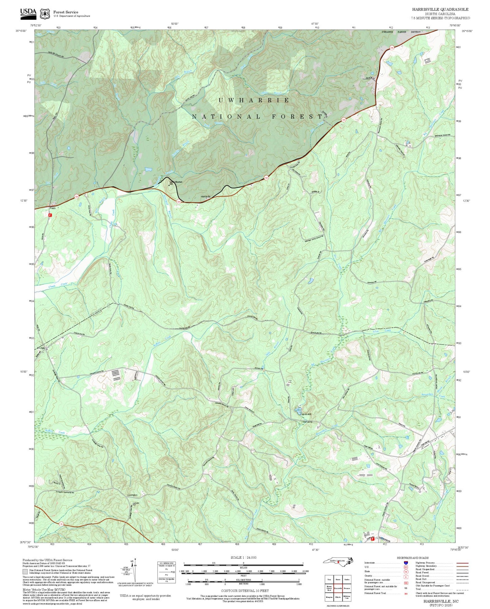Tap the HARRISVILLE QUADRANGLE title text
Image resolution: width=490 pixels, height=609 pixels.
(440, 10)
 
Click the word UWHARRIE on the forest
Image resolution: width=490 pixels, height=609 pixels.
(254, 100)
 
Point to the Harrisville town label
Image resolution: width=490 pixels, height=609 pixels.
(205, 197)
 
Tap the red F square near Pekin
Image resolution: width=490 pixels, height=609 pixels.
(50, 215)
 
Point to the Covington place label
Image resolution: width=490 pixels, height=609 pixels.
(132, 495)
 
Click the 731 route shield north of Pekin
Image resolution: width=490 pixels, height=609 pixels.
(77, 196)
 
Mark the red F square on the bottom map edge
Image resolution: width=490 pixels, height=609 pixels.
(372, 539)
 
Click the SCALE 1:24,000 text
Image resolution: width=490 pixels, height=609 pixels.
(243, 557)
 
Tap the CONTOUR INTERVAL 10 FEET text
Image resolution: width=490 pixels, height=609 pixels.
(243, 591)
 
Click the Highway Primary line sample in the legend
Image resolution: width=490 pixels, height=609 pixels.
(462, 563)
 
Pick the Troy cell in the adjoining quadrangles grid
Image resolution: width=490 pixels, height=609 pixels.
(329, 579)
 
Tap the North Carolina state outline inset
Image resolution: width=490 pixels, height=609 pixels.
(338, 561)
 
